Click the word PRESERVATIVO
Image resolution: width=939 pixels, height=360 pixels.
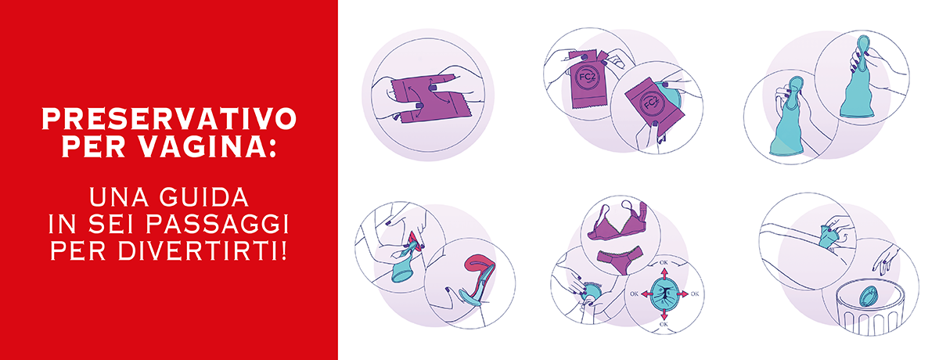click(169, 119)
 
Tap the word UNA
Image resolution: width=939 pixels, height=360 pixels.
click(119, 197)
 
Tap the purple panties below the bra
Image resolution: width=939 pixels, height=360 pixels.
click(620, 261)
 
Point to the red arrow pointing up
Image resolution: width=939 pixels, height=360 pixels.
click(664, 275)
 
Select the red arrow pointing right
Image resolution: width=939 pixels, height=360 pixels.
click(682, 293)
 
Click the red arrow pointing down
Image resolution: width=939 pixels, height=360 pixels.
click(664, 313)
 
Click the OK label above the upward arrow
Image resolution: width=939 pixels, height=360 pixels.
click(664, 263)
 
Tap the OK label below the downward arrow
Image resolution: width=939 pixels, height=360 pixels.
click(664, 324)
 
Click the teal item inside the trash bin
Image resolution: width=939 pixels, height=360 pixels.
click(868, 297)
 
